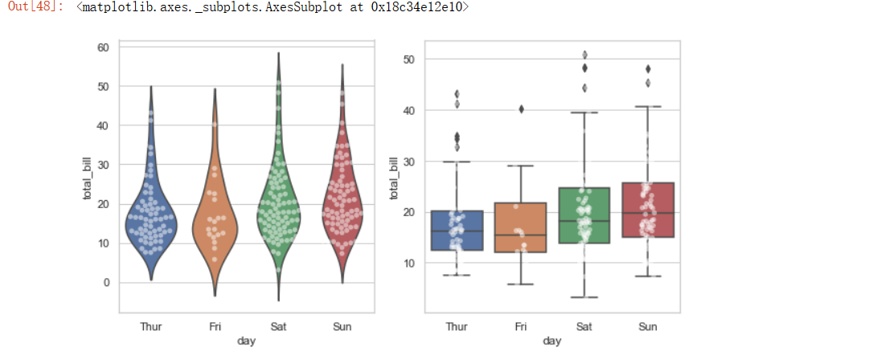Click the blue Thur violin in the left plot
[150, 221]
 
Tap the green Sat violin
[278, 217]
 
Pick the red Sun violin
[342, 213]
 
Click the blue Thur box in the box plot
[456, 231]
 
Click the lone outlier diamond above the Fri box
[520, 108]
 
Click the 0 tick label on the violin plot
[106, 283]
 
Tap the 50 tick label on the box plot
[409, 59]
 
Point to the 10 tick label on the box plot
[409, 263]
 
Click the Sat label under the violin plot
[278, 327]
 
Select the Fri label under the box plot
[520, 327]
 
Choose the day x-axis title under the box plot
[552, 342]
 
